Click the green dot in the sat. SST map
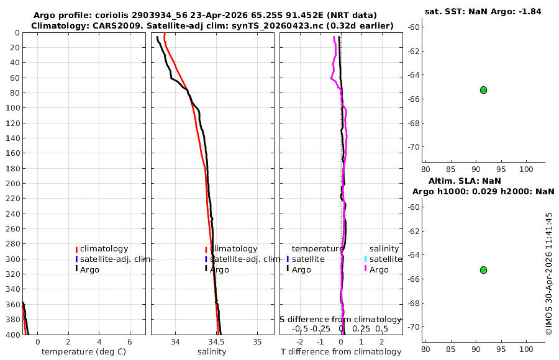[x=483, y=90]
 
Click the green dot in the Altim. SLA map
[x=483, y=270]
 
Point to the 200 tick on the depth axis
[x=13, y=183]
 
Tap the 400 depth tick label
[x=13, y=335]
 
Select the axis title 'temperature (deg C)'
[x=84, y=352]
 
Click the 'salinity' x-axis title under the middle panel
[x=212, y=352]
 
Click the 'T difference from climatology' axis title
[x=341, y=352]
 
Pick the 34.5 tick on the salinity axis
[x=216, y=342]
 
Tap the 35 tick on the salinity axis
[x=257, y=342]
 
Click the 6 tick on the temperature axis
[x=130, y=342]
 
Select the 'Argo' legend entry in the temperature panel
[x=89, y=270]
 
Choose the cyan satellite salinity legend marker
[x=365, y=259]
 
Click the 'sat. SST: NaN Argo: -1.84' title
[x=483, y=11]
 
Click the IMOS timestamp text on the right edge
[x=549, y=273]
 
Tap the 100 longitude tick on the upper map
[x=526, y=169]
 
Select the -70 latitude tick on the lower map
[x=414, y=327]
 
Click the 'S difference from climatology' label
[x=341, y=320]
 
